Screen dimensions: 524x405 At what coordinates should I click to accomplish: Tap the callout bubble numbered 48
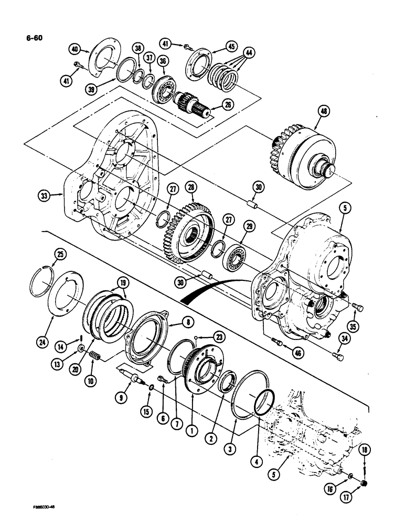[x=323, y=111]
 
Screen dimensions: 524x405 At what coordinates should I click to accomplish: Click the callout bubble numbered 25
[x=59, y=255]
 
